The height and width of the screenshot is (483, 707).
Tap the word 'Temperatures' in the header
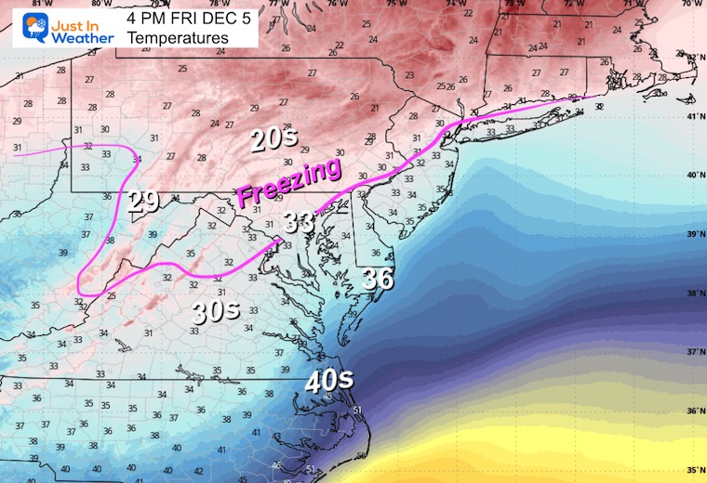[177, 38]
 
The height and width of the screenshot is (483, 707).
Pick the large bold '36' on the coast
[379, 278]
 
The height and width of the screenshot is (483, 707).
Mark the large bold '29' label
[143, 202]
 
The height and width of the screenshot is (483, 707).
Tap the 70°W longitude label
[693, 4]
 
